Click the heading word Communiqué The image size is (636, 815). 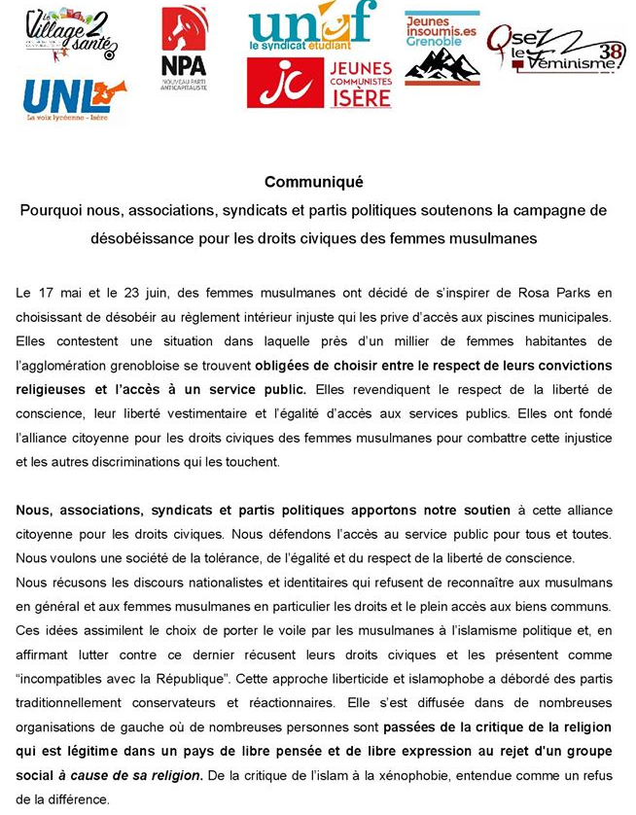click(312, 181)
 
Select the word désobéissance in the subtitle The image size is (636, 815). click(143, 237)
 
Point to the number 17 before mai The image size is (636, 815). click(52, 293)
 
